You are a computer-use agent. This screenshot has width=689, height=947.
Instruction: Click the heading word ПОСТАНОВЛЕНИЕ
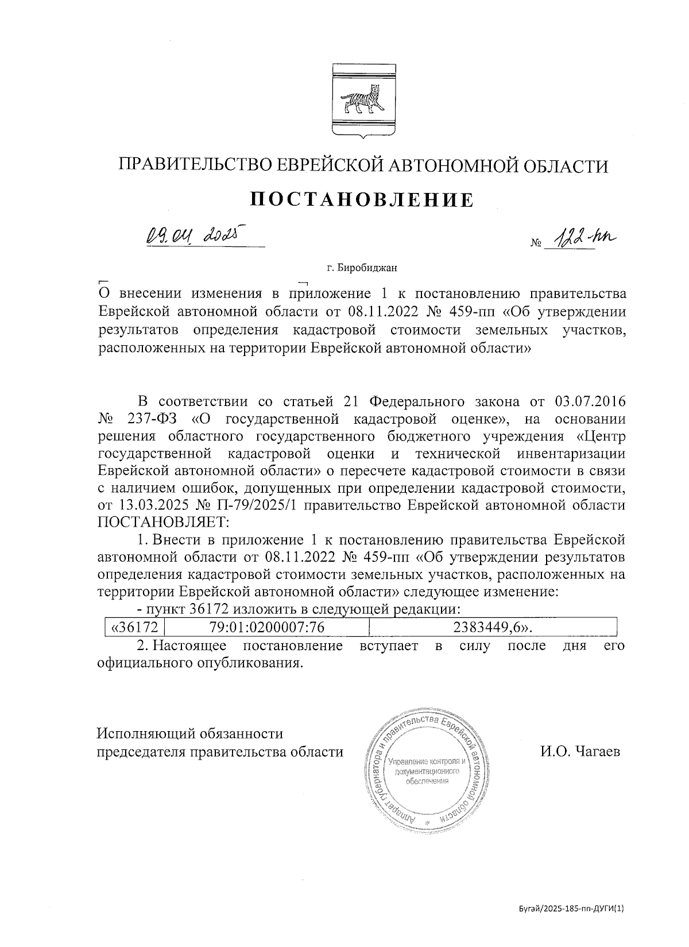tap(362, 200)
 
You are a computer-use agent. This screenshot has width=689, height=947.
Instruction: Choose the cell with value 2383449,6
tap(493, 627)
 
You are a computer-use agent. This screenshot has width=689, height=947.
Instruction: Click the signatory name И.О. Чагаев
tap(580, 752)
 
